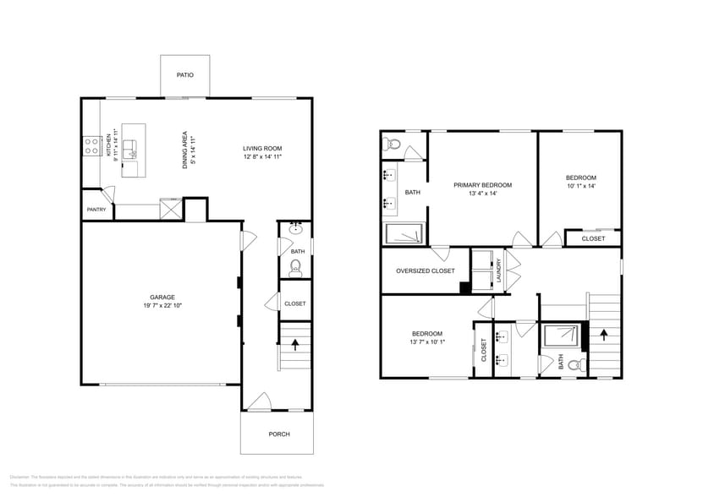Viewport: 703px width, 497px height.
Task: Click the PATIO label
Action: pyautogui.click(x=184, y=75)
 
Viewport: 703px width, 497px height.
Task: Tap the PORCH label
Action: pyautogui.click(x=279, y=434)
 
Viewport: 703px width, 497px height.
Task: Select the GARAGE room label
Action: pyautogui.click(x=162, y=297)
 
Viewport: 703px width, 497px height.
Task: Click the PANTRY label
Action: pyautogui.click(x=96, y=210)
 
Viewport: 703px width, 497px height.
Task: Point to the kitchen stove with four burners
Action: pyautogui.click(x=91, y=146)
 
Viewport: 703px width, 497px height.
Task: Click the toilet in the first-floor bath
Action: pyautogui.click(x=295, y=267)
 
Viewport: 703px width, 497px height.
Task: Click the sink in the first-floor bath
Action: pyautogui.click(x=296, y=229)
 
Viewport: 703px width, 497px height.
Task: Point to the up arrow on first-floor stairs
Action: pyautogui.click(x=295, y=344)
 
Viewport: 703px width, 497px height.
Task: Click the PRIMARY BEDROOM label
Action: pyautogui.click(x=482, y=184)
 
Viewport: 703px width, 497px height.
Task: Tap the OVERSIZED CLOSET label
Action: pyautogui.click(x=426, y=271)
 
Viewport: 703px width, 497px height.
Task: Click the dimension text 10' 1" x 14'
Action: pyautogui.click(x=581, y=186)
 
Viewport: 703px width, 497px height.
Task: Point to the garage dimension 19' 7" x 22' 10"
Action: pyautogui.click(x=162, y=305)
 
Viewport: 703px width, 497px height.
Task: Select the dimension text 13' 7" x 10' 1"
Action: pyautogui.click(x=427, y=342)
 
